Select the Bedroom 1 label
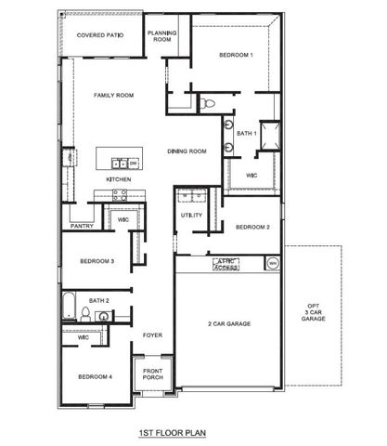click(236, 56)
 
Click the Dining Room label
click(187, 151)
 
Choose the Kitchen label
click(119, 178)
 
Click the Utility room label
click(192, 216)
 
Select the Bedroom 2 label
click(252, 228)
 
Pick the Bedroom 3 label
click(97, 261)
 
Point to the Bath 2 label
click(100, 301)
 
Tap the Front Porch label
click(153, 376)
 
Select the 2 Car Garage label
click(230, 323)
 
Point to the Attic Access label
click(227, 265)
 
